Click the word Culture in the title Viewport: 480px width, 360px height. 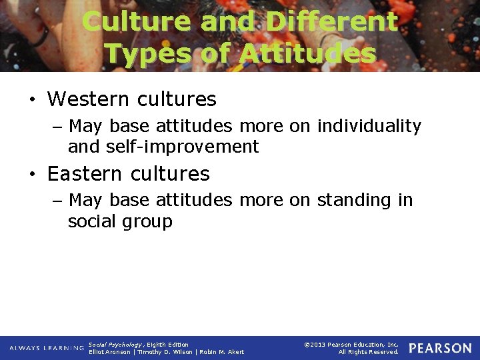[x=137, y=21]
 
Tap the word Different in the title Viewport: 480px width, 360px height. [x=331, y=21]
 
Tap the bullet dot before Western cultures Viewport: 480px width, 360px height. [x=31, y=101]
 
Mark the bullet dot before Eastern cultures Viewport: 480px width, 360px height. [x=31, y=175]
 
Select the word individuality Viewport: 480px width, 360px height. [x=369, y=126]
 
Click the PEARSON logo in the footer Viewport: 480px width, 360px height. [x=440, y=348]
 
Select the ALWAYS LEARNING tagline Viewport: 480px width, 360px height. [x=47, y=348]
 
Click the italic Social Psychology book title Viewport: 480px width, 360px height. [x=115, y=345]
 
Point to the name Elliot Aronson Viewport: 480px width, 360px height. [x=110, y=352]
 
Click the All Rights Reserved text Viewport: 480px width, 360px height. [x=368, y=352]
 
